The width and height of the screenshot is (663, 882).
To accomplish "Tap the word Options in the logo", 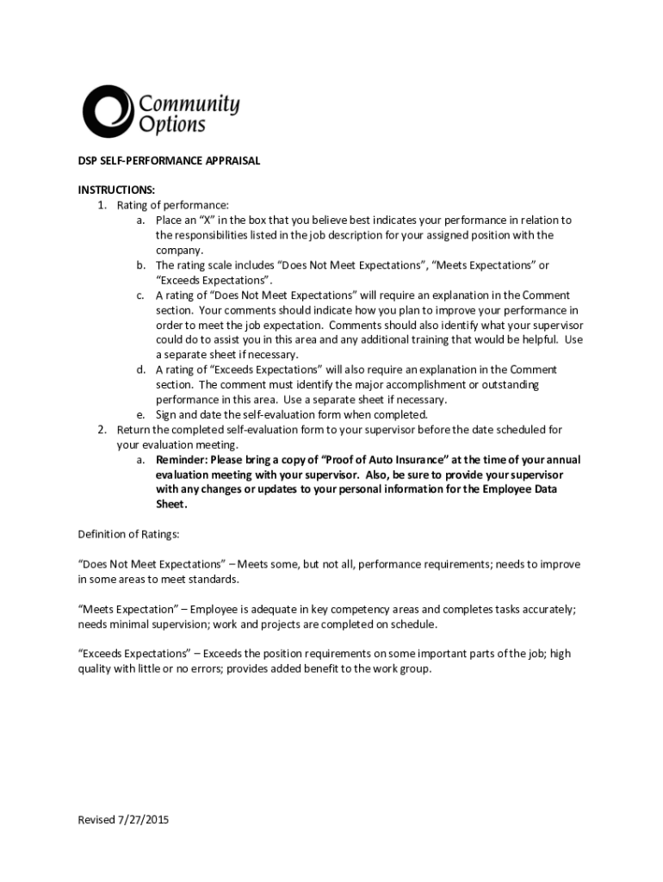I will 172,126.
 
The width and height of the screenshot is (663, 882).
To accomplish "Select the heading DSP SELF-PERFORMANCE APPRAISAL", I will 169,161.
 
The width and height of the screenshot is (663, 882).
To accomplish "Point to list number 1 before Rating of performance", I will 101,205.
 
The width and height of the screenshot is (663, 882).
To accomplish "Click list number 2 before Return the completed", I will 101,429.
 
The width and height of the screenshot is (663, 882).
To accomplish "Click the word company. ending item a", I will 179,250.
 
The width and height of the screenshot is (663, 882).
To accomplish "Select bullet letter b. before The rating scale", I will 139,265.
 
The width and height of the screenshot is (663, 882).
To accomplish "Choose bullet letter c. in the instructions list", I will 139,295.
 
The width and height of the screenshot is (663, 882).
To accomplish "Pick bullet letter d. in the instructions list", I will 139,370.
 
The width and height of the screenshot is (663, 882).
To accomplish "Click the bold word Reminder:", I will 185,459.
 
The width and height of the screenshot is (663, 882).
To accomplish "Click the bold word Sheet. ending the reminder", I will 171,504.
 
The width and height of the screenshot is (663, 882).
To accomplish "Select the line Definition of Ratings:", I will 128,534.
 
